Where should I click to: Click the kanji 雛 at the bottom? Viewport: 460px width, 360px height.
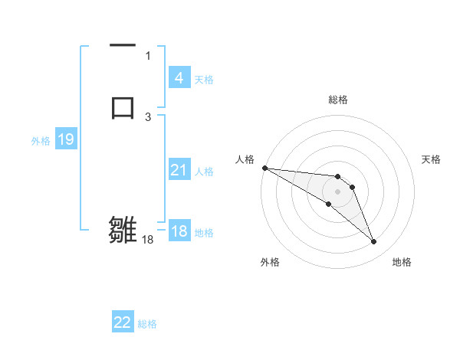click(x=123, y=229)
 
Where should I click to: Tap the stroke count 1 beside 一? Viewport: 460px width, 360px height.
click(x=148, y=55)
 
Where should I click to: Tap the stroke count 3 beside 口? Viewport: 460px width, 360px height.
click(x=148, y=116)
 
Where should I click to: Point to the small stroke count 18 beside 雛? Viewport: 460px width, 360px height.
click(x=148, y=240)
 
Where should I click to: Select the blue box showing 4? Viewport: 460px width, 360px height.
click(x=179, y=78)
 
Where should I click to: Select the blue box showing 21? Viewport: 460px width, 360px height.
click(x=179, y=170)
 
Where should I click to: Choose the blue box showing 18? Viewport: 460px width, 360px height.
click(x=179, y=231)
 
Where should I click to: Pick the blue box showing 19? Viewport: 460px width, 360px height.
click(x=66, y=139)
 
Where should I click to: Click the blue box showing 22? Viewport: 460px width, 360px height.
click(x=123, y=322)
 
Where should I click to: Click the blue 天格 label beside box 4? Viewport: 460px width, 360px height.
click(x=204, y=79)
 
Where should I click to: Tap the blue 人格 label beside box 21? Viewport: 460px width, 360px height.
click(x=204, y=171)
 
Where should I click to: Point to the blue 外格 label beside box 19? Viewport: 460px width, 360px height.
click(x=41, y=140)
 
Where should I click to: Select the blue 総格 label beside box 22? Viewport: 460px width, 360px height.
click(x=147, y=323)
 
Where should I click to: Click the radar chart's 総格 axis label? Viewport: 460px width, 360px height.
click(x=338, y=100)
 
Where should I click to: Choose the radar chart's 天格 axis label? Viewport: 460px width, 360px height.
click(x=432, y=159)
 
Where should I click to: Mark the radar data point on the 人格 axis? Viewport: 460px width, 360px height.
click(x=264, y=168)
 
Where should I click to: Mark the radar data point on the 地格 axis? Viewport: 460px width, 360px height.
click(x=373, y=242)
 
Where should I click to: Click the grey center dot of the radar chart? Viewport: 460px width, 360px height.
click(x=337, y=191)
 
